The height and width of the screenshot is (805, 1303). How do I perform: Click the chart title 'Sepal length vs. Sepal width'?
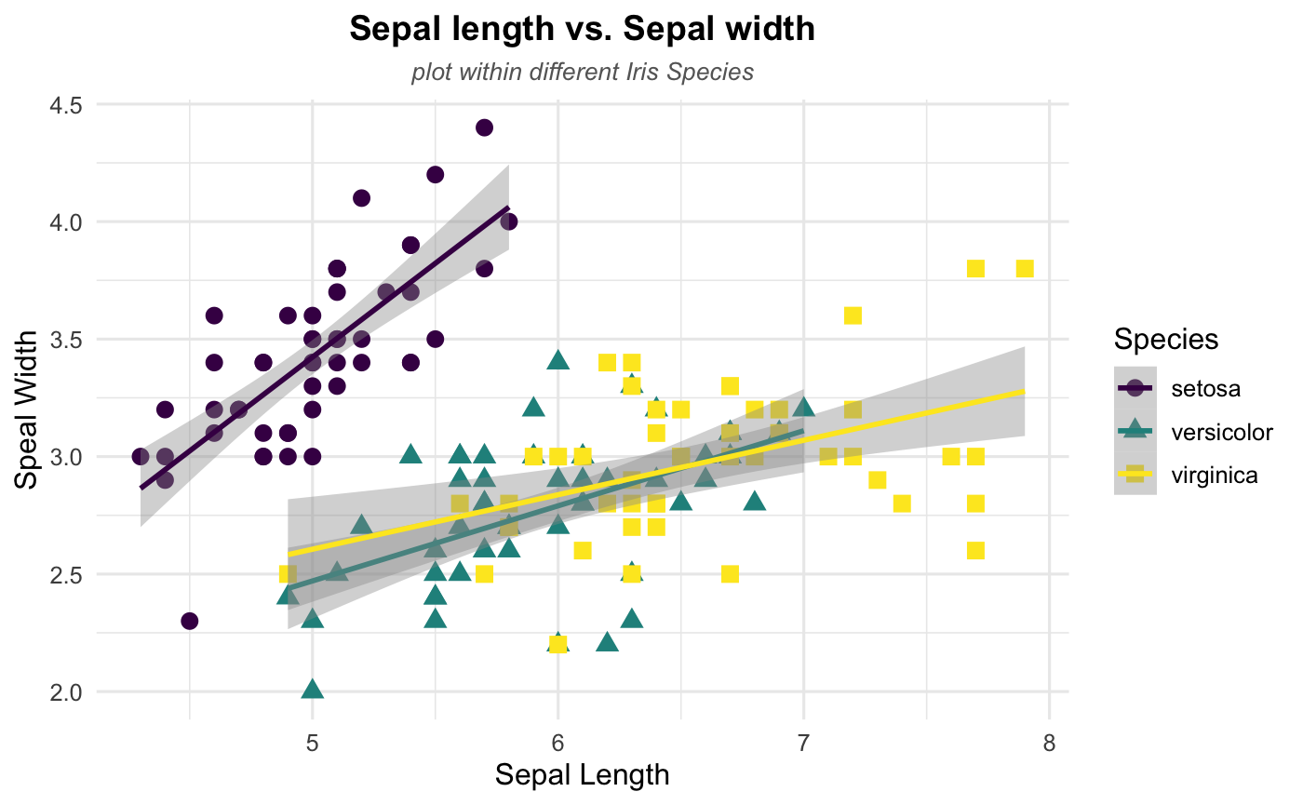(x=582, y=30)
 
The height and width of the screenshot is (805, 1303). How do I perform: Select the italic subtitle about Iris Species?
(x=582, y=73)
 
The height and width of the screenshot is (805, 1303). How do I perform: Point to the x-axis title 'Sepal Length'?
(x=582, y=774)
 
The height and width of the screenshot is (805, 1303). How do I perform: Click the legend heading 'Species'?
(x=1166, y=340)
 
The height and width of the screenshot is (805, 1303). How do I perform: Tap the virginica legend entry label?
(x=1214, y=476)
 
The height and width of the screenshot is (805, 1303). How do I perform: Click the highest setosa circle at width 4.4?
(x=484, y=127)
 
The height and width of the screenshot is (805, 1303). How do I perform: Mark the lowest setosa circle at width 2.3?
(x=189, y=621)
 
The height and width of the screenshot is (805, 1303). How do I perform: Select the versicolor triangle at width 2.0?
(x=313, y=690)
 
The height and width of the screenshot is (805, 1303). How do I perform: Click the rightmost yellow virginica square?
(x=1025, y=268)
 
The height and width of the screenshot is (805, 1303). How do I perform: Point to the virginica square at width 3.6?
(x=853, y=315)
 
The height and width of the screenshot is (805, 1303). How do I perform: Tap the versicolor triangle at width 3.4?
(x=557, y=360)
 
